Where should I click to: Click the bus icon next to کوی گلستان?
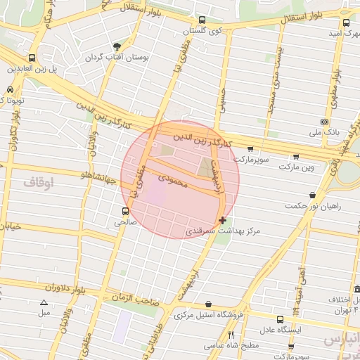click(202, 20)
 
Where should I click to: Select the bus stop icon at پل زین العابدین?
click(32, 58)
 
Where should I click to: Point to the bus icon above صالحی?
click(126, 210)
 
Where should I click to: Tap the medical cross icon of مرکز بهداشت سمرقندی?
click(223, 220)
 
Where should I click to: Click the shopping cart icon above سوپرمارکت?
click(251, 149)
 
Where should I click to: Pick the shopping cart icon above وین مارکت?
click(295, 157)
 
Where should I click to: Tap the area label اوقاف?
click(38, 183)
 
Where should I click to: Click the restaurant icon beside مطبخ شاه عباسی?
click(231, 335)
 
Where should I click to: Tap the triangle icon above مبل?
click(44, 302)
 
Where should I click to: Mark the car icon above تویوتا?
click(10, 90)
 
